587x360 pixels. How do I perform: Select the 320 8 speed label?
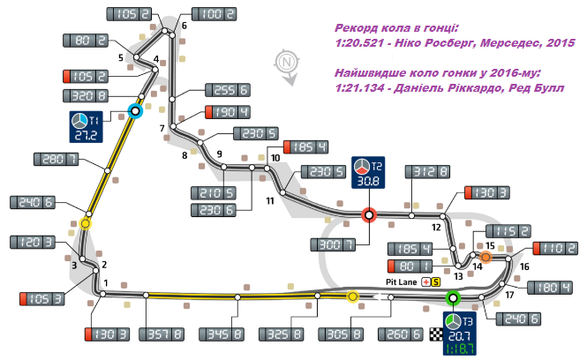pyautogui.click(x=87, y=95)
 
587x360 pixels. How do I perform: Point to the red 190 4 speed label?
pyautogui.click(x=228, y=112)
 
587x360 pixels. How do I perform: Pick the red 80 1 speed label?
pyautogui.click(x=412, y=265)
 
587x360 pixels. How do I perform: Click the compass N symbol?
pyautogui.click(x=285, y=62)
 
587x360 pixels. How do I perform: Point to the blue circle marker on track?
pyautogui.click(x=135, y=111)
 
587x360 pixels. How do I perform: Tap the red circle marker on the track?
pyautogui.click(x=370, y=213)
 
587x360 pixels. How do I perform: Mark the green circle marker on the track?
pyautogui.click(x=454, y=297)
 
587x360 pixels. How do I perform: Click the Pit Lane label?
pyautogui.click(x=400, y=281)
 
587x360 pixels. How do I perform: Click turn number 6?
pyautogui.click(x=184, y=26)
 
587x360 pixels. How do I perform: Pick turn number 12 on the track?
pyautogui.click(x=436, y=227)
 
